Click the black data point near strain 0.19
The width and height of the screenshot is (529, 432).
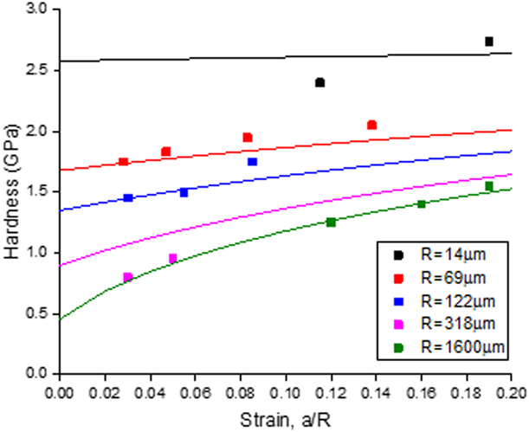pyautogui.click(x=489, y=42)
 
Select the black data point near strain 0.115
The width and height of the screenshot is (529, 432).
pyautogui.click(x=319, y=83)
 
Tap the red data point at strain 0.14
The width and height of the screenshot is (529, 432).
pyautogui.click(x=371, y=126)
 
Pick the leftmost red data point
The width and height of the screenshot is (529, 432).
pyautogui.click(x=123, y=162)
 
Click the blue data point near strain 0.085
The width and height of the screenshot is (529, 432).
pyautogui.click(x=252, y=162)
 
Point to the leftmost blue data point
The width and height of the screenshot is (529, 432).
pyautogui.click(x=128, y=198)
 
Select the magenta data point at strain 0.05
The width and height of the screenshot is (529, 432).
pyautogui.click(x=172, y=258)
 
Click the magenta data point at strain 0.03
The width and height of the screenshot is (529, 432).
pyautogui.click(x=128, y=277)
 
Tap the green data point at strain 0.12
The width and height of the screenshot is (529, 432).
pyautogui.click(x=331, y=222)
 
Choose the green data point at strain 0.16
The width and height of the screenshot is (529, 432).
pyautogui.click(x=422, y=204)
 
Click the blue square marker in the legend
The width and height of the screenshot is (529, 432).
pyautogui.click(x=398, y=301)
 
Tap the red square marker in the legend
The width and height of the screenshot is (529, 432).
pyautogui.click(x=398, y=278)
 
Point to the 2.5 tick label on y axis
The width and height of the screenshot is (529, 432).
pyautogui.click(x=37, y=70)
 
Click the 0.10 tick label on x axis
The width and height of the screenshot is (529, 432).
pyautogui.click(x=286, y=390)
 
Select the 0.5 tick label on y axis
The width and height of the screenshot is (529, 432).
pyautogui.click(x=37, y=313)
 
